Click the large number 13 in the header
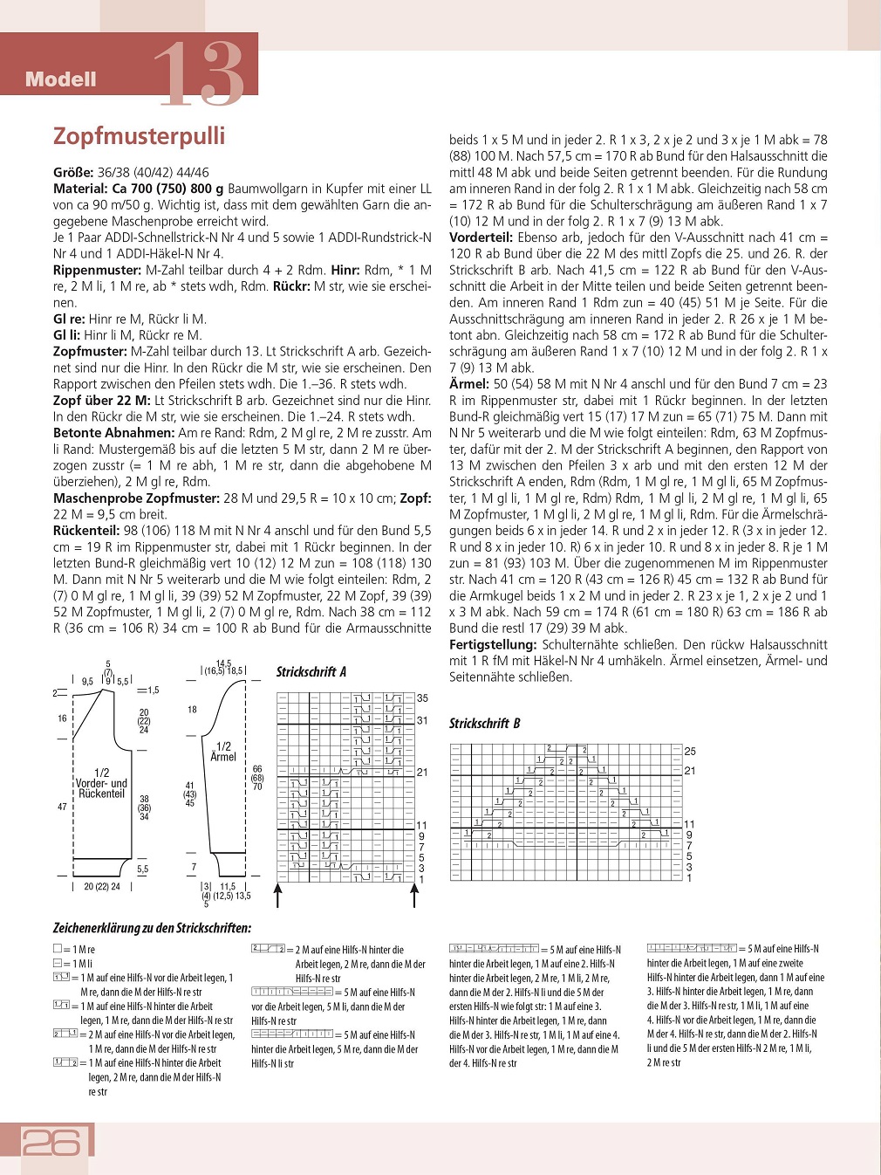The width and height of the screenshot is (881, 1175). (x=199, y=75)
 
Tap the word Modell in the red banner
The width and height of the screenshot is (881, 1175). (x=60, y=79)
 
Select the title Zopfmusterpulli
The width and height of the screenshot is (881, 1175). (x=139, y=136)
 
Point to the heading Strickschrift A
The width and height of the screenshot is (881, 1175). (x=311, y=672)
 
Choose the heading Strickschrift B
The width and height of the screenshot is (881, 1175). (x=484, y=724)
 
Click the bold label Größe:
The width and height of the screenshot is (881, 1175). (x=73, y=173)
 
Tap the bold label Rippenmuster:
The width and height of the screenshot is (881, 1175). (x=97, y=271)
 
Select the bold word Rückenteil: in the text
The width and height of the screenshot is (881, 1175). (x=85, y=531)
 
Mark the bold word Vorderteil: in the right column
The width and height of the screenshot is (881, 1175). (x=481, y=237)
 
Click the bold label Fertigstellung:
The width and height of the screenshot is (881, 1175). (x=493, y=645)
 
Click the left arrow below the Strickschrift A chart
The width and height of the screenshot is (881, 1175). (x=278, y=895)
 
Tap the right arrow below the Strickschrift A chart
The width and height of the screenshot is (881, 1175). (x=414, y=895)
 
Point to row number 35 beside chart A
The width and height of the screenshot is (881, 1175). (x=422, y=698)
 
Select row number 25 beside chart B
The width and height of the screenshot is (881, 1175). (x=690, y=752)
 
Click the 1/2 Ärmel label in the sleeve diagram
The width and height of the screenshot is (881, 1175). (x=223, y=752)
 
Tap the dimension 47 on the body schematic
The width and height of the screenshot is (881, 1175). (x=62, y=807)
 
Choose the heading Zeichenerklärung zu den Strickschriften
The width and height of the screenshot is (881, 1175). (x=152, y=928)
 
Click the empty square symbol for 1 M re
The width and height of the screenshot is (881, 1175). (x=58, y=949)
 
